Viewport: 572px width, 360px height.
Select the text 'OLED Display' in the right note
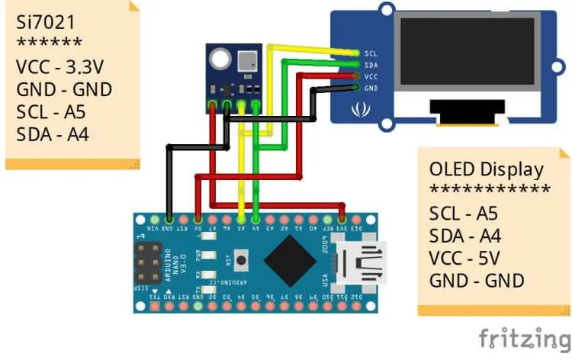(x=487, y=169)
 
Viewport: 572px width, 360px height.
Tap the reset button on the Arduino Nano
(x=242, y=259)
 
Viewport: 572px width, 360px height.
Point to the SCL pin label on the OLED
(x=371, y=54)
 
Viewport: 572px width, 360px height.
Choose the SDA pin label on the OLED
(x=371, y=66)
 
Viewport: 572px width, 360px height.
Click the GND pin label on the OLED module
(x=371, y=88)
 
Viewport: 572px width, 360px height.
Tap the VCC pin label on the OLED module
(x=371, y=77)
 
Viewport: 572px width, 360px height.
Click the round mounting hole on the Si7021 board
(x=220, y=56)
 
